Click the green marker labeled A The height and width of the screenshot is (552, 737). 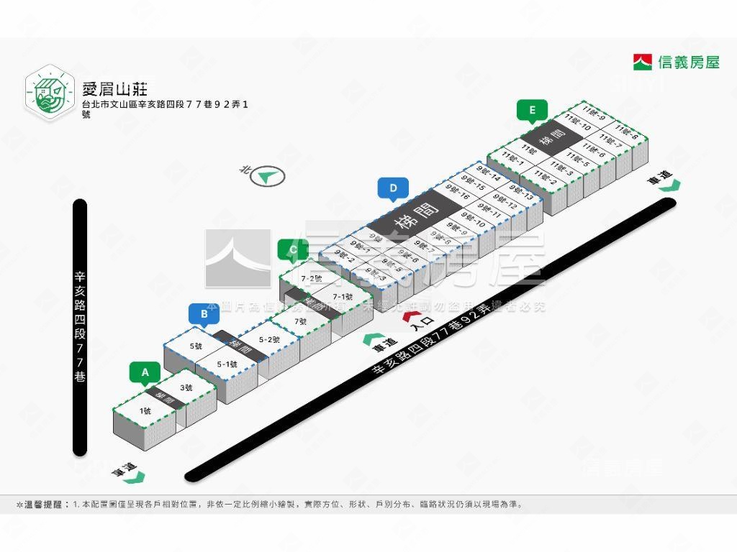(145, 372)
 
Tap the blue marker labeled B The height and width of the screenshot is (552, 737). (204, 313)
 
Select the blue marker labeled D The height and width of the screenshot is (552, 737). (393, 189)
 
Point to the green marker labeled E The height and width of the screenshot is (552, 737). (532, 110)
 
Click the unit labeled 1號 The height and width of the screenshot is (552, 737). (145, 411)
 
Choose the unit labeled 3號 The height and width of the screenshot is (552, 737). (186, 387)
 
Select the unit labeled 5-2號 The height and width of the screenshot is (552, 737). (268, 339)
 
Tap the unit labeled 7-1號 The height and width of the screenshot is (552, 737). (343, 296)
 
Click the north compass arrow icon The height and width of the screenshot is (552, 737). (268, 176)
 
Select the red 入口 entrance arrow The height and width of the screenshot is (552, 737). (410, 316)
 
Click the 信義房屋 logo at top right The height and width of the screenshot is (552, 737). (677, 63)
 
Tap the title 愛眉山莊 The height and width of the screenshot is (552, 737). (115, 89)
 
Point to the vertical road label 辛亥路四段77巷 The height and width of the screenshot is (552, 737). (80, 327)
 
